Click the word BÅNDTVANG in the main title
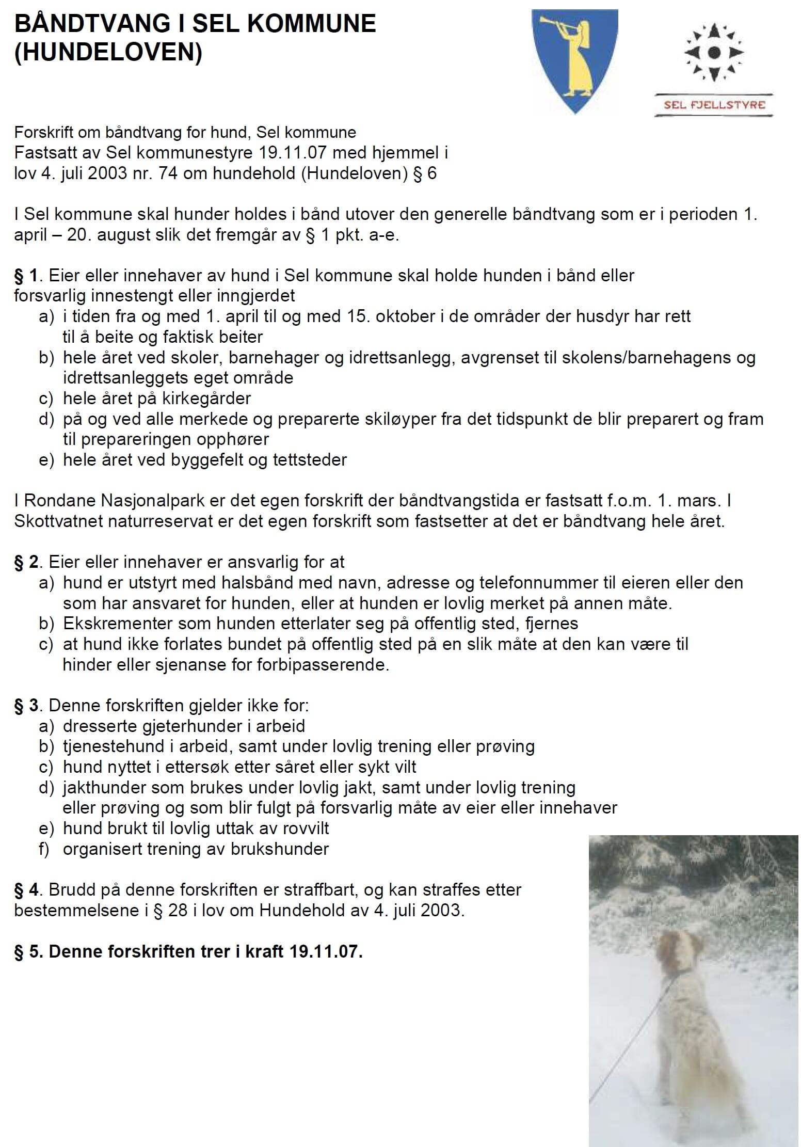click(92, 24)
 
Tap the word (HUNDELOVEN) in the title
click(108, 52)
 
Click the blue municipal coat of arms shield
click(574, 61)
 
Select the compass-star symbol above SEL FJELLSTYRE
click(714, 52)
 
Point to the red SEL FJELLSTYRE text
click(714, 105)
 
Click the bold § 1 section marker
click(26, 276)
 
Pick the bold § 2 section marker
click(26, 562)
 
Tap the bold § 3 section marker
click(26, 705)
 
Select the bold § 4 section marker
click(26, 889)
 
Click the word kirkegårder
click(206, 399)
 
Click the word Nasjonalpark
click(135, 501)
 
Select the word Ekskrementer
click(118, 624)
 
